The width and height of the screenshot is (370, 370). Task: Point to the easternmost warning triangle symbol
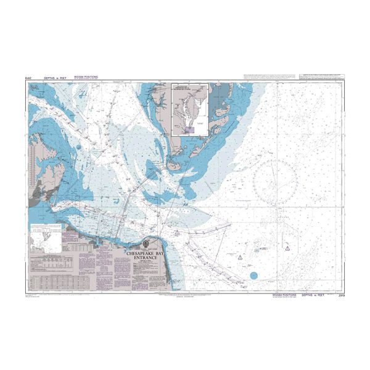(x=288, y=231)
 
